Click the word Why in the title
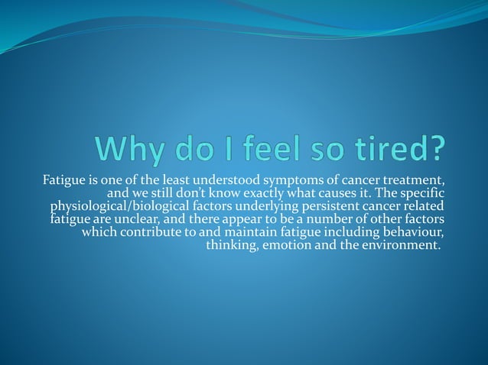(x=181, y=147)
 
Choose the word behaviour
(x=416, y=232)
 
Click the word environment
(x=395, y=245)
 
